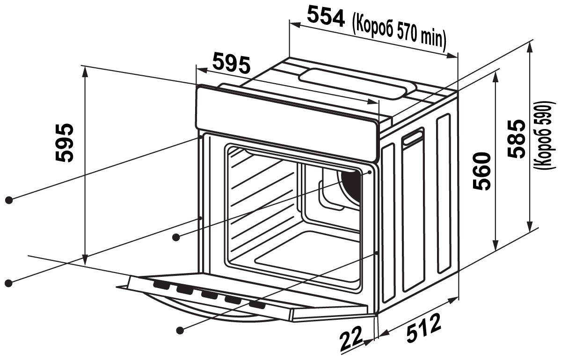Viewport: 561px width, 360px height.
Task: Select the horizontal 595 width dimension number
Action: click(x=232, y=64)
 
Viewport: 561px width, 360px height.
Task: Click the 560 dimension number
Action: click(x=482, y=171)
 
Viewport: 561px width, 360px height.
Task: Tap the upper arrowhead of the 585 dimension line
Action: click(x=530, y=47)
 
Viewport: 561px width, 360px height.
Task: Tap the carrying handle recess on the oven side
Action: click(x=413, y=137)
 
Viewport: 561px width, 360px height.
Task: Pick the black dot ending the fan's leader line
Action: click(x=176, y=238)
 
